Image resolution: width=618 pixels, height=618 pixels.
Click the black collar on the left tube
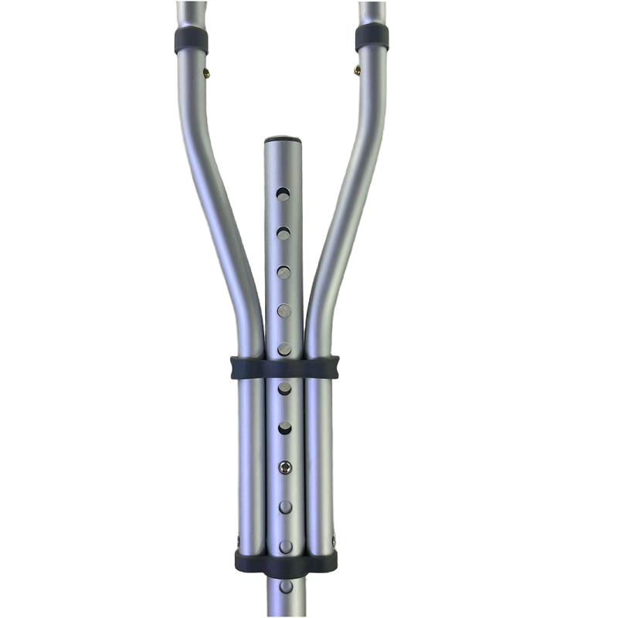click(191, 40)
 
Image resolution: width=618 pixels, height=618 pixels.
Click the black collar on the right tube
click(372, 37)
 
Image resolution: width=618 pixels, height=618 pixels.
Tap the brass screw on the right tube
click(357, 70)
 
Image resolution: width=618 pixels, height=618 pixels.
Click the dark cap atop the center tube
click(284, 141)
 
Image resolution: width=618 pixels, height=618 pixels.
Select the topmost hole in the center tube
click(284, 193)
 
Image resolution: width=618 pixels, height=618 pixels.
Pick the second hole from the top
click(284, 232)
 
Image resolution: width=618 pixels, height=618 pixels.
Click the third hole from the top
click(284, 271)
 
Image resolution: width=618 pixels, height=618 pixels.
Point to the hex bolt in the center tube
click(285, 467)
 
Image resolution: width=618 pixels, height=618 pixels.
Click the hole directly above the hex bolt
click(285, 426)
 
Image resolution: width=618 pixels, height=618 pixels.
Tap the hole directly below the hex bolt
click(285, 506)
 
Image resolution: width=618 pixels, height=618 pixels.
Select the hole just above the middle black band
click(284, 348)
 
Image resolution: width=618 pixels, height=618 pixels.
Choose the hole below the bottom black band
click(286, 586)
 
